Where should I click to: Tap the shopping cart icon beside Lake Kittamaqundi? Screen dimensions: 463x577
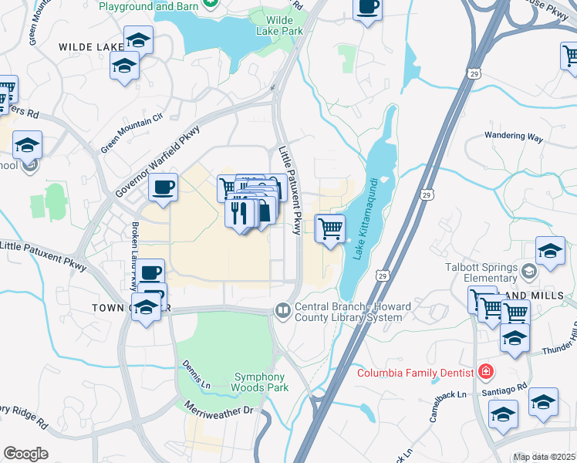tap(330, 228)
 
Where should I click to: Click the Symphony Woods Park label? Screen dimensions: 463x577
tap(261, 382)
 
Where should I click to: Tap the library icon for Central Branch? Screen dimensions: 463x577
tap(283, 310)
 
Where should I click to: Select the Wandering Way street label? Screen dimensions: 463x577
tap(514, 137)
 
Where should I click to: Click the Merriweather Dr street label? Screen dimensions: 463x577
tap(220, 410)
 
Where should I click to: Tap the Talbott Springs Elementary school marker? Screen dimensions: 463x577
tap(529, 272)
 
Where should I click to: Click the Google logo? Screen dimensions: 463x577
tap(25, 454)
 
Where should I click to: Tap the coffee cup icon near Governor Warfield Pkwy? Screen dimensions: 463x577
tap(163, 187)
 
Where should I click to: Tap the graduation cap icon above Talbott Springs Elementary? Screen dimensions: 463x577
tap(551, 252)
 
